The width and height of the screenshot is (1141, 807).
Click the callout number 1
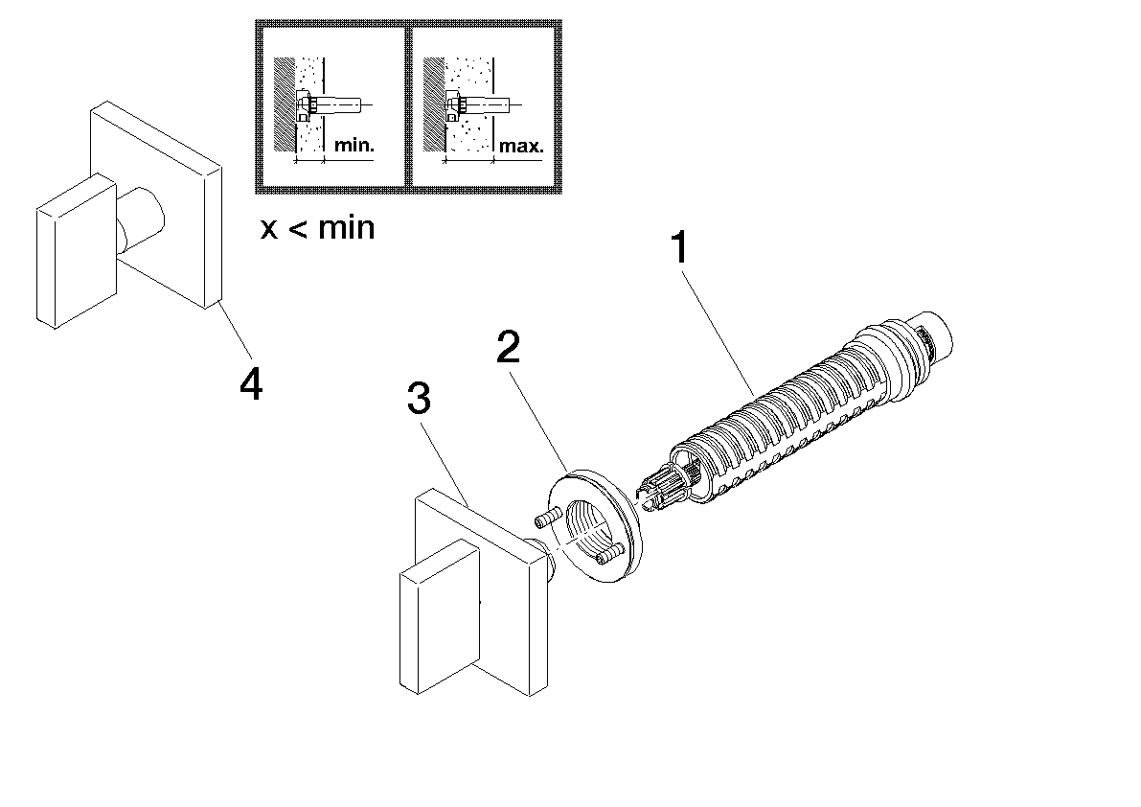click(x=679, y=249)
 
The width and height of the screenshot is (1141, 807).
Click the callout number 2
click(x=509, y=348)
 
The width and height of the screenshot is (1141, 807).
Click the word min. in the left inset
click(x=354, y=147)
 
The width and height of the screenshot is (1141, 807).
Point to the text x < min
click(x=317, y=229)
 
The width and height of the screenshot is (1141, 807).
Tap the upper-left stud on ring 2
click(x=545, y=519)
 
